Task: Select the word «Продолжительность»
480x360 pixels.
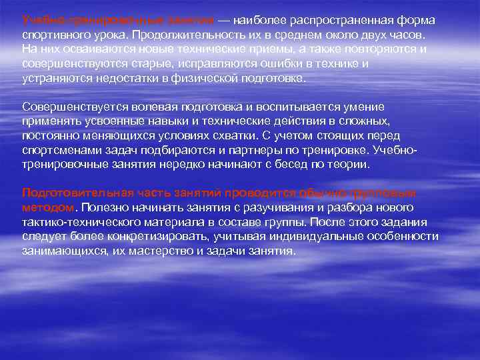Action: [175, 35]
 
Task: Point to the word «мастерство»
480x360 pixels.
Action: [176, 251]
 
